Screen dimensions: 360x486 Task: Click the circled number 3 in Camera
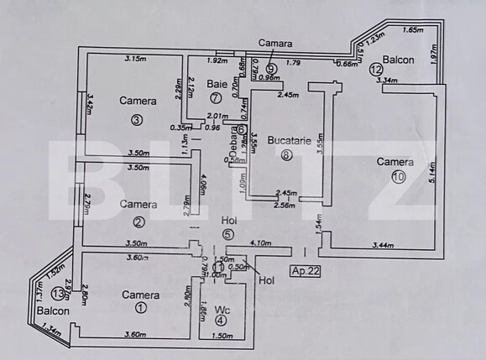pyautogui.click(x=137, y=118)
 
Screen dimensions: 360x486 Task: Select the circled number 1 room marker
pyautogui.click(x=140, y=308)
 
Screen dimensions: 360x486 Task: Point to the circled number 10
pyautogui.click(x=397, y=176)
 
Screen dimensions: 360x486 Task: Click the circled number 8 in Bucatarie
pyautogui.click(x=287, y=154)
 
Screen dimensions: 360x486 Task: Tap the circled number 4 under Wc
pyautogui.click(x=220, y=319)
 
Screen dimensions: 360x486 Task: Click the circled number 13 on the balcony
pyautogui.click(x=57, y=294)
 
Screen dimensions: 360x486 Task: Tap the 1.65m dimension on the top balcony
pyautogui.click(x=413, y=30)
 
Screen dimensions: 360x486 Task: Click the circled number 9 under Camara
pyautogui.click(x=271, y=68)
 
